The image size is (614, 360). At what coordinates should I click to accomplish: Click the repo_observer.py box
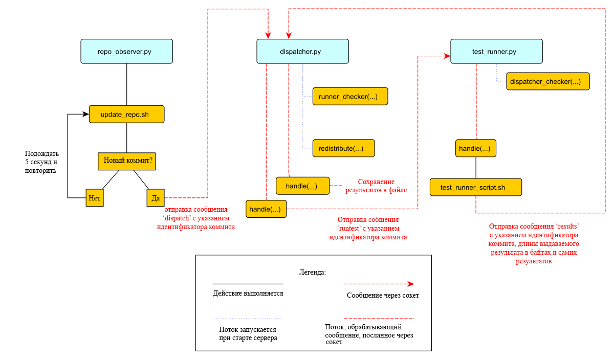[x=127, y=51]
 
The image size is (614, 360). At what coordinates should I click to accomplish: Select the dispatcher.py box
[x=302, y=51]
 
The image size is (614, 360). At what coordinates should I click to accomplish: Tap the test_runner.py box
[x=496, y=51]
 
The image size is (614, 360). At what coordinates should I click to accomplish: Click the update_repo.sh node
[x=127, y=114]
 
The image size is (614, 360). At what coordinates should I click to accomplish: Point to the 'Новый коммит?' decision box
[x=127, y=162]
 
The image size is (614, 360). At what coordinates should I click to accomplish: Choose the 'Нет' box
[x=95, y=197]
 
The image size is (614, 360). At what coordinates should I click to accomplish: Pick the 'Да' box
[x=156, y=197]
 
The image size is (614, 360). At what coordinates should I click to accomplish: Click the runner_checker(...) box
[x=350, y=97]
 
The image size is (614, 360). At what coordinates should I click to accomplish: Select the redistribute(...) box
[x=343, y=148]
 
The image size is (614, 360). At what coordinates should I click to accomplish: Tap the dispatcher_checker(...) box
[x=548, y=81]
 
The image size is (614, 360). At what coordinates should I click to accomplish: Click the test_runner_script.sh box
[x=476, y=187]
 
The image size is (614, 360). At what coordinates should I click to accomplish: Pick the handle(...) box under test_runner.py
[x=476, y=148]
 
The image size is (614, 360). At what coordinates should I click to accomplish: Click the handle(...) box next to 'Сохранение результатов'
[x=302, y=186]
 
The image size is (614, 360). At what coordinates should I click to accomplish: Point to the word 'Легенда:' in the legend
[x=313, y=273]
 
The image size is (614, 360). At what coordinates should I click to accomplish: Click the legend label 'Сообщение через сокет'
[x=383, y=296]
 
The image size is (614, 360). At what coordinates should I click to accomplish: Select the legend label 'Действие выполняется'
[x=248, y=294]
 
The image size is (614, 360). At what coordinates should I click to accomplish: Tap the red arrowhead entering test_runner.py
[x=447, y=56]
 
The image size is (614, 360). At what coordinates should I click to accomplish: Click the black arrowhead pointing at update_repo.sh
[x=86, y=114]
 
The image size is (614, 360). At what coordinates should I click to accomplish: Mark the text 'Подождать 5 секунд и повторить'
[x=41, y=162]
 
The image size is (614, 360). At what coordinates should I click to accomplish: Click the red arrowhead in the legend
[x=411, y=284]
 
